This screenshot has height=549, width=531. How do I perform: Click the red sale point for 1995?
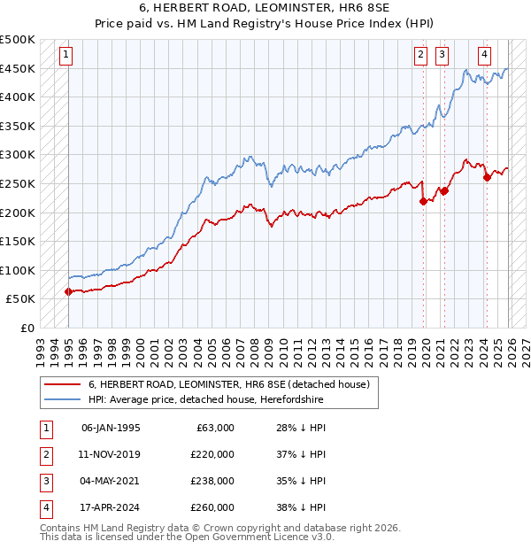68,291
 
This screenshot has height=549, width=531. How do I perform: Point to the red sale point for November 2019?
423,201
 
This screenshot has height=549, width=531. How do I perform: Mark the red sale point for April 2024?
487,178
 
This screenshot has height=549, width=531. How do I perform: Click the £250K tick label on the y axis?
18,183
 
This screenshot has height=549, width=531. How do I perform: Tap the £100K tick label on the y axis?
18,270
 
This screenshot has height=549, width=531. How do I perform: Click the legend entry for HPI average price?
205,400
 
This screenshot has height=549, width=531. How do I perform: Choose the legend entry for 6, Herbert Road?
234,384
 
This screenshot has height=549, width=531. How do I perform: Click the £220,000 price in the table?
212,453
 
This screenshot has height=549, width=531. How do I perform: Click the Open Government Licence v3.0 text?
250,537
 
